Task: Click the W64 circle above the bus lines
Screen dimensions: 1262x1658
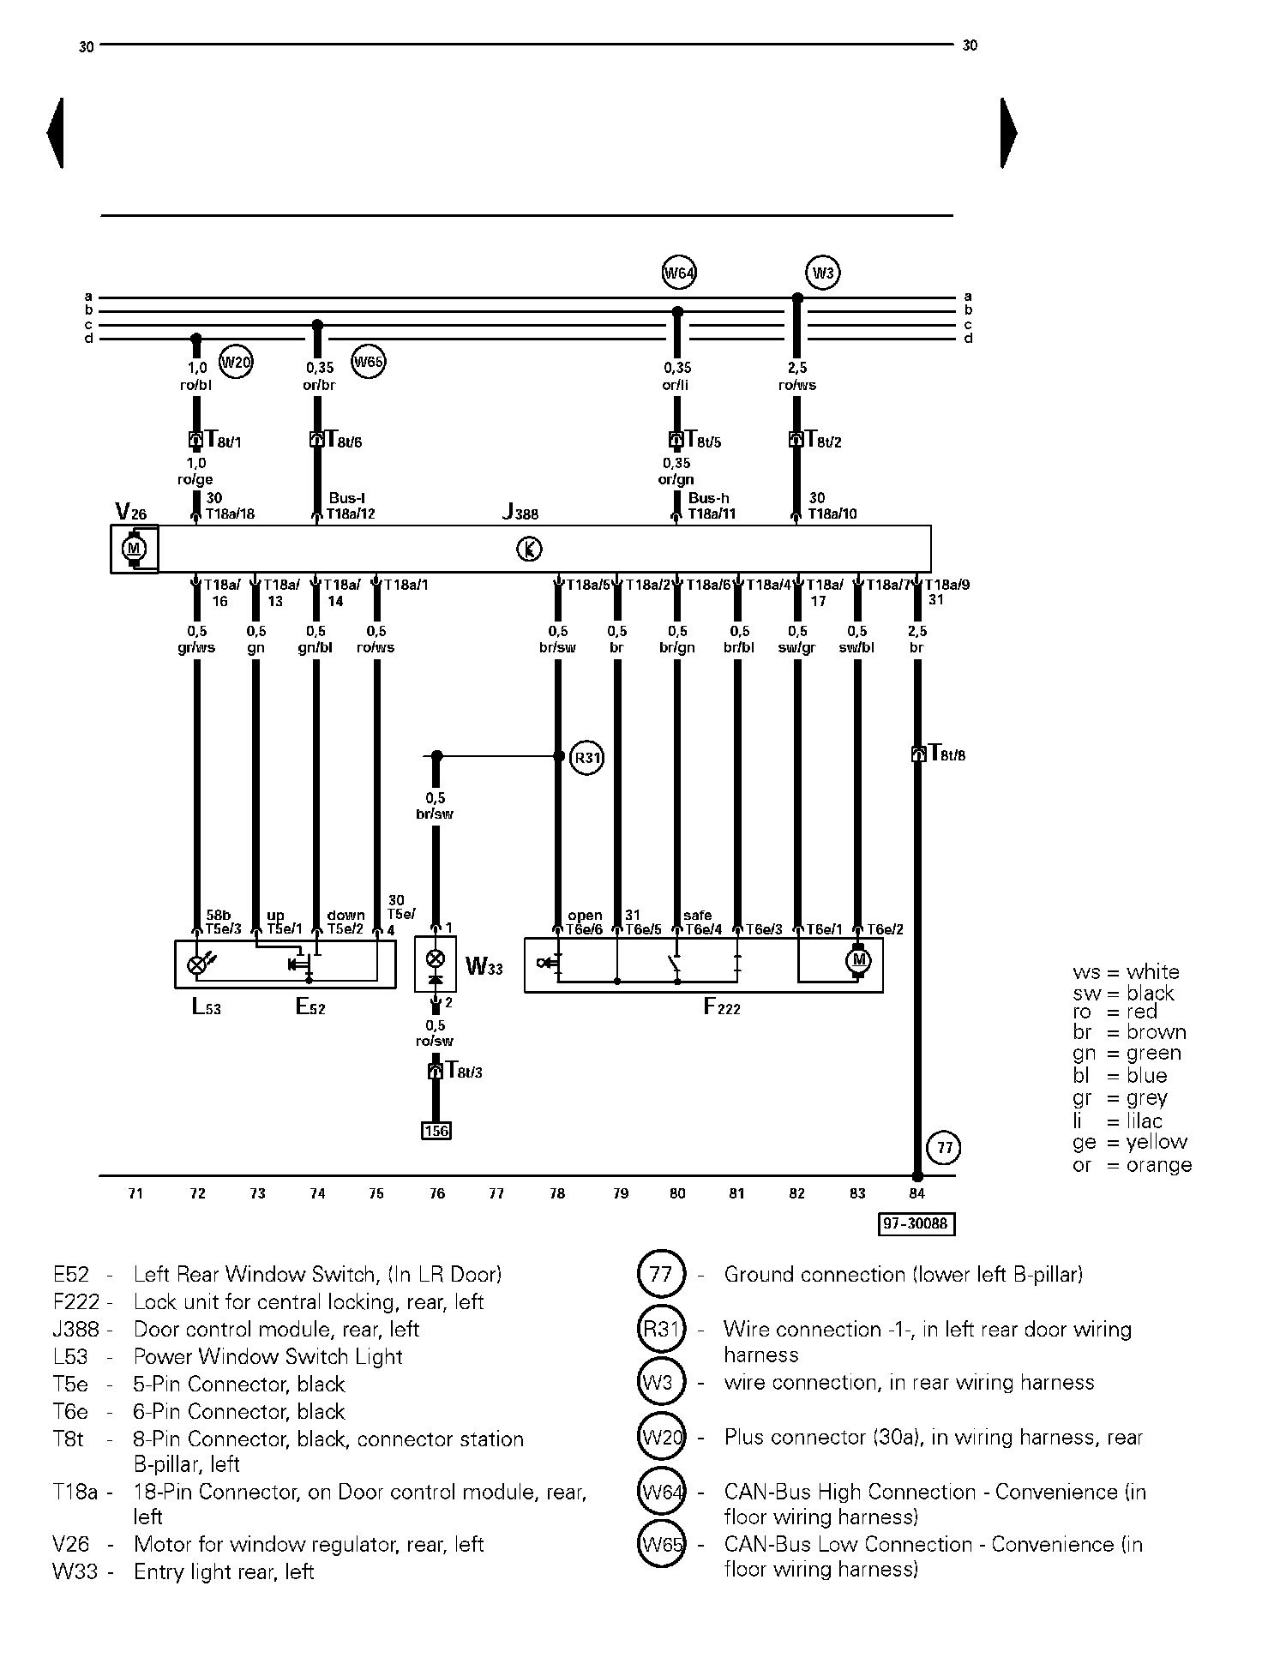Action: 679,273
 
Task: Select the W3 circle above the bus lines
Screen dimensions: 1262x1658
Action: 823,273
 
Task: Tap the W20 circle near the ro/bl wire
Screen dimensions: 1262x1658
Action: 236,362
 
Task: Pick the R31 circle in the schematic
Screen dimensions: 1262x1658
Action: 587,758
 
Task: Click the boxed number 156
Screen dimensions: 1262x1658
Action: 436,1131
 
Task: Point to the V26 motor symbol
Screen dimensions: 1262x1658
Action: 134,549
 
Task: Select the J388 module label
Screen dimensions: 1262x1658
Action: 520,513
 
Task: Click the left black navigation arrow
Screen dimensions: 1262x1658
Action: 55,133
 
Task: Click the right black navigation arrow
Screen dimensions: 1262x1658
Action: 1009,133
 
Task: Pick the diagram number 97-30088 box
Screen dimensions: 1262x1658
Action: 916,1223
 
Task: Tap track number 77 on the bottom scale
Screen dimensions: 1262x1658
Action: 496,1193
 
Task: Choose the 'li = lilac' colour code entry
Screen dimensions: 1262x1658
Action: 1117,1120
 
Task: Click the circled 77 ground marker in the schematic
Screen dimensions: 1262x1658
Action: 945,1148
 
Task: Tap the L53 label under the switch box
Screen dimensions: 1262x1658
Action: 207,1007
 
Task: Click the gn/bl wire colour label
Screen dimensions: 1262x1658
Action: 315,648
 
